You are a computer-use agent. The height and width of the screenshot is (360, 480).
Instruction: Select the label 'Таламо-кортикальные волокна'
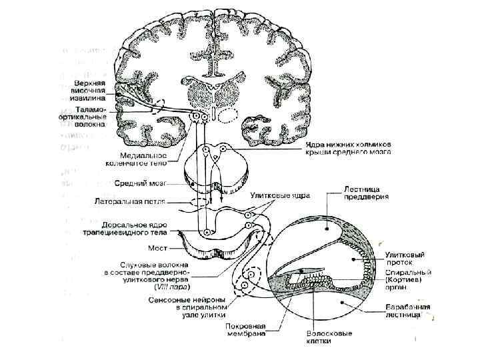pyautogui.click(x=93, y=118)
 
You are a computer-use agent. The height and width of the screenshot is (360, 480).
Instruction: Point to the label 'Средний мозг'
pyautogui.click(x=140, y=182)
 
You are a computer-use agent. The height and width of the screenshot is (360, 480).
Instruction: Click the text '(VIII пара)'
pyautogui.click(x=171, y=287)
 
